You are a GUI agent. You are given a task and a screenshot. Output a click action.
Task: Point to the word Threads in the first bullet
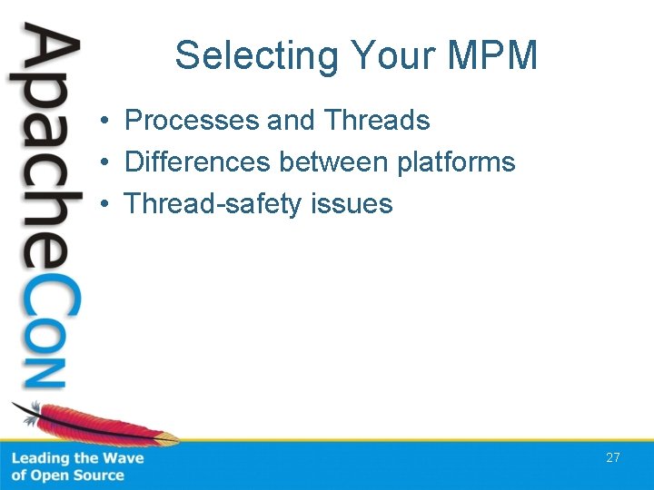click(377, 120)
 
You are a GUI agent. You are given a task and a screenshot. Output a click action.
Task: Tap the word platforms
click(456, 163)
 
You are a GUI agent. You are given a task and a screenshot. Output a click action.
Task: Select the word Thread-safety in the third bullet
click(213, 204)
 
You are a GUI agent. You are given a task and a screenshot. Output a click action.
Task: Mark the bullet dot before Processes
click(106, 121)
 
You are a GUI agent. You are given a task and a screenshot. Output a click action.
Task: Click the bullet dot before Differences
click(106, 163)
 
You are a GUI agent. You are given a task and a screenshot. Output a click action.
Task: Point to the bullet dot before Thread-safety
click(106, 205)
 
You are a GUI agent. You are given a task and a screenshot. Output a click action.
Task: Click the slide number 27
click(613, 457)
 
